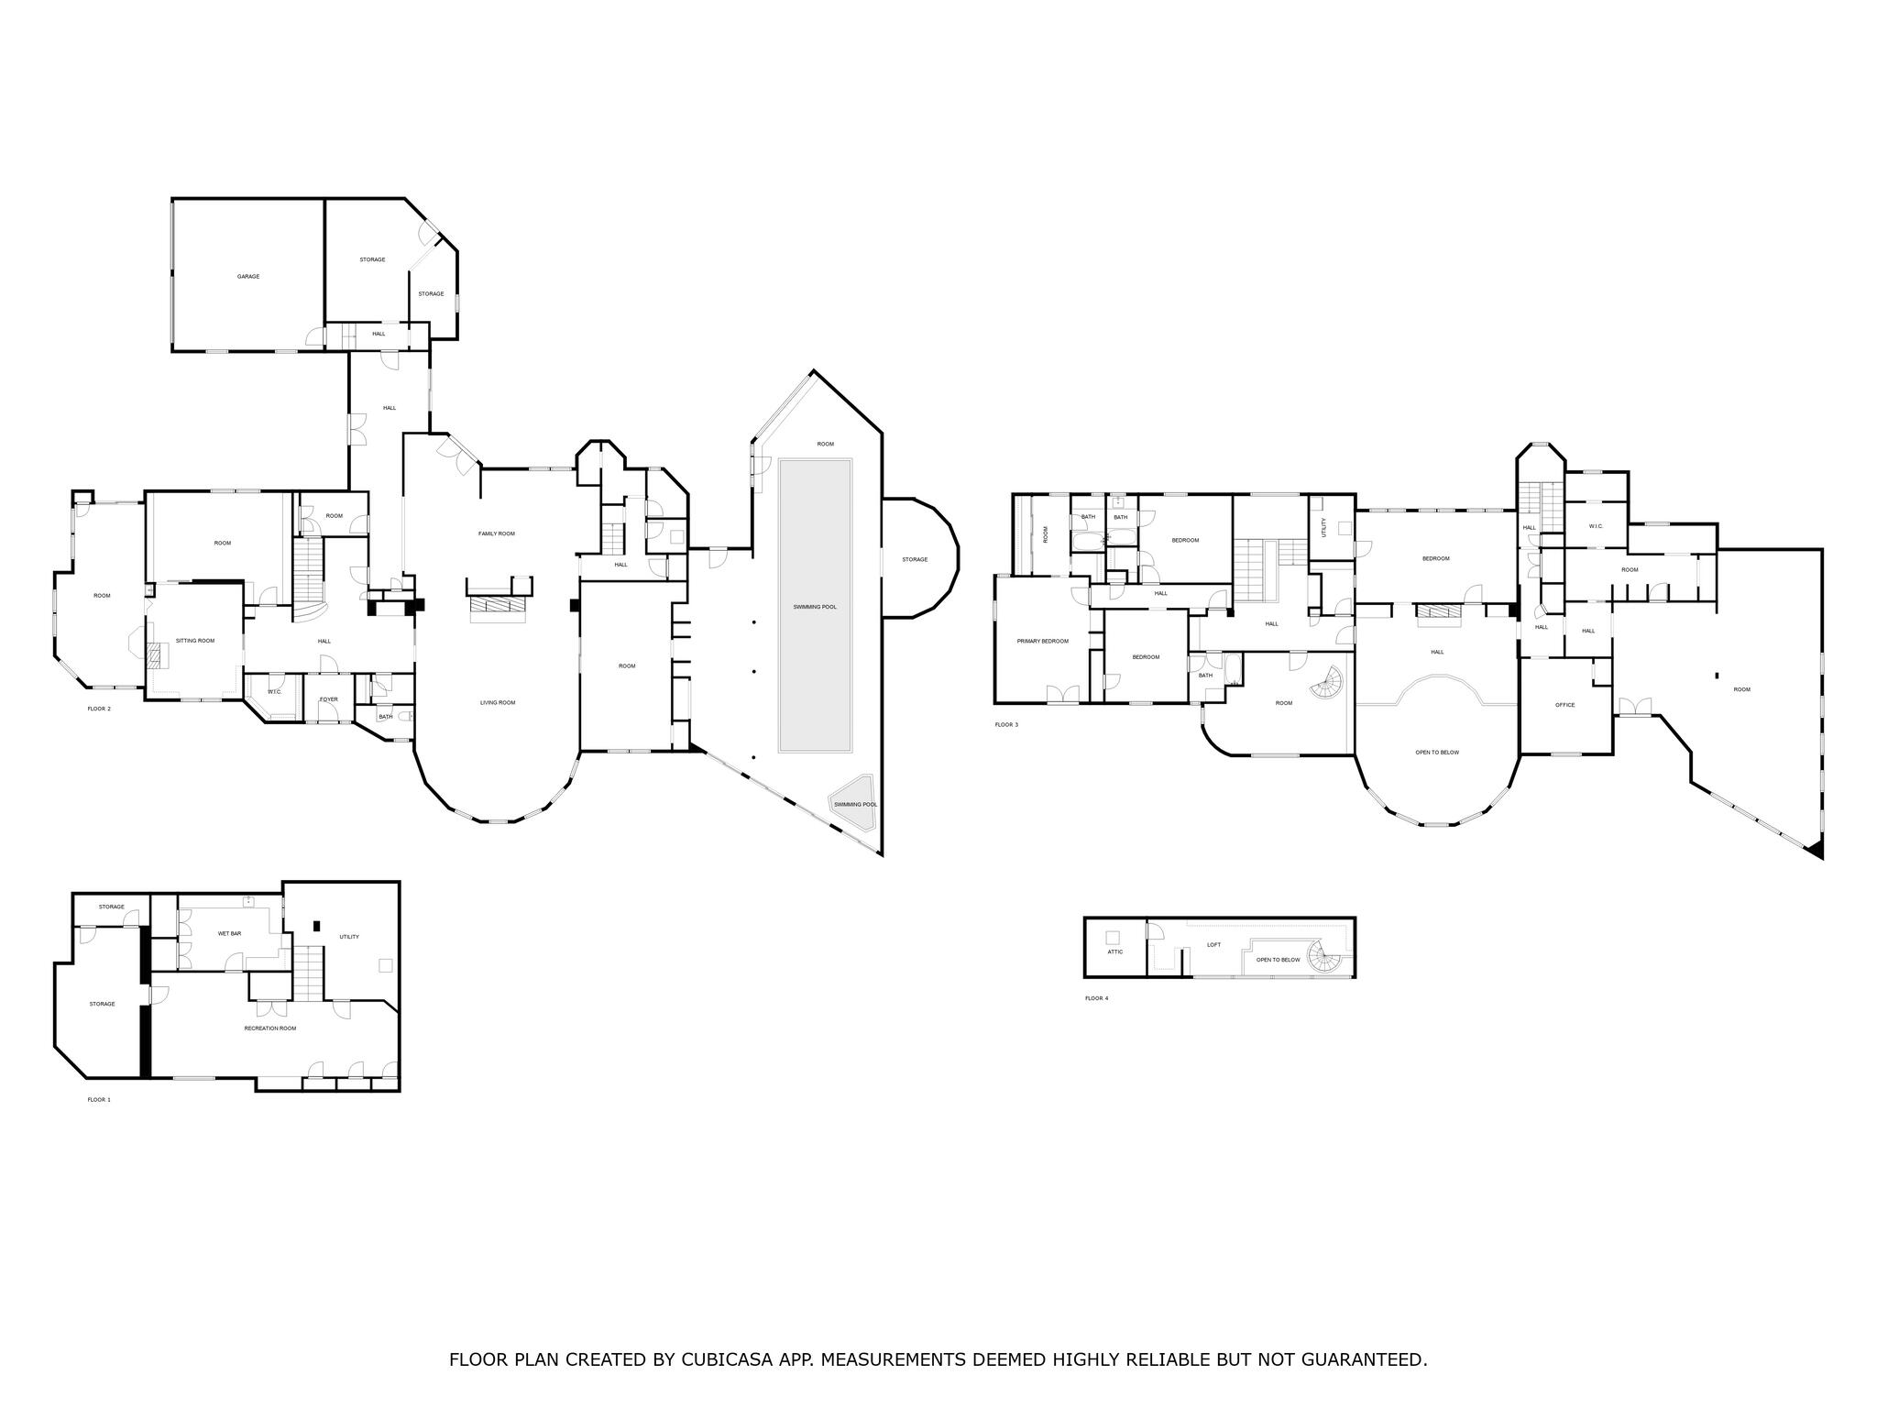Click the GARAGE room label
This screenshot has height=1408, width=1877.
click(x=248, y=276)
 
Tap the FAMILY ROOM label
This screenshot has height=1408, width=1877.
click(x=497, y=533)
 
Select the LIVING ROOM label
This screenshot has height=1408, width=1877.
click(x=498, y=703)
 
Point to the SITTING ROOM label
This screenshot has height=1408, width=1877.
click(x=195, y=641)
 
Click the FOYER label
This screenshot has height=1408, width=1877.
click(x=329, y=699)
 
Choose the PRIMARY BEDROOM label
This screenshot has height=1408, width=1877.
click(x=1043, y=642)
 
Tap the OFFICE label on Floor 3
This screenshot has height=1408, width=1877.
click(x=1565, y=705)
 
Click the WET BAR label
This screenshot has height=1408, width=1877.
click(x=230, y=934)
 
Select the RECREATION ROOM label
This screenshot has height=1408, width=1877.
click(x=270, y=1028)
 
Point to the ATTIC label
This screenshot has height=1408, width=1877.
click(x=1115, y=951)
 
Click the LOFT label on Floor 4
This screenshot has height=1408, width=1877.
click(x=1214, y=944)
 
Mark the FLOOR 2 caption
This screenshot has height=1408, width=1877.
click(x=99, y=709)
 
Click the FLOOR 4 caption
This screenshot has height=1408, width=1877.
click(x=1096, y=998)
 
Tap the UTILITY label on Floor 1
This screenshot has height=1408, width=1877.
click(x=349, y=937)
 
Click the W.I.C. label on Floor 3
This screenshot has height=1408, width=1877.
click(x=1596, y=526)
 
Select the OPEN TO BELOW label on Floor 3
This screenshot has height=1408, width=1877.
click(x=1437, y=753)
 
